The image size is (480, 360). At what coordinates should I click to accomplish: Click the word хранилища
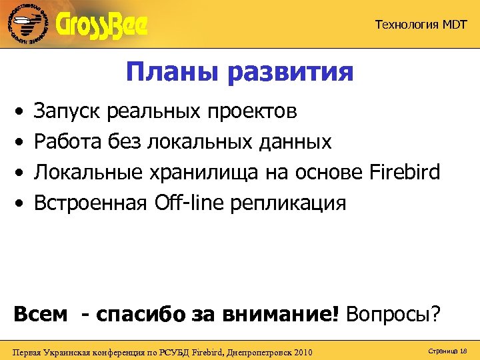pyautogui.click(x=200, y=173)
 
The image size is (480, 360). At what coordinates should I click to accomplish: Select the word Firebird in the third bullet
pyautogui.click(x=404, y=173)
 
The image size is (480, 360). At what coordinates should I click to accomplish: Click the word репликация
pyautogui.click(x=288, y=203)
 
